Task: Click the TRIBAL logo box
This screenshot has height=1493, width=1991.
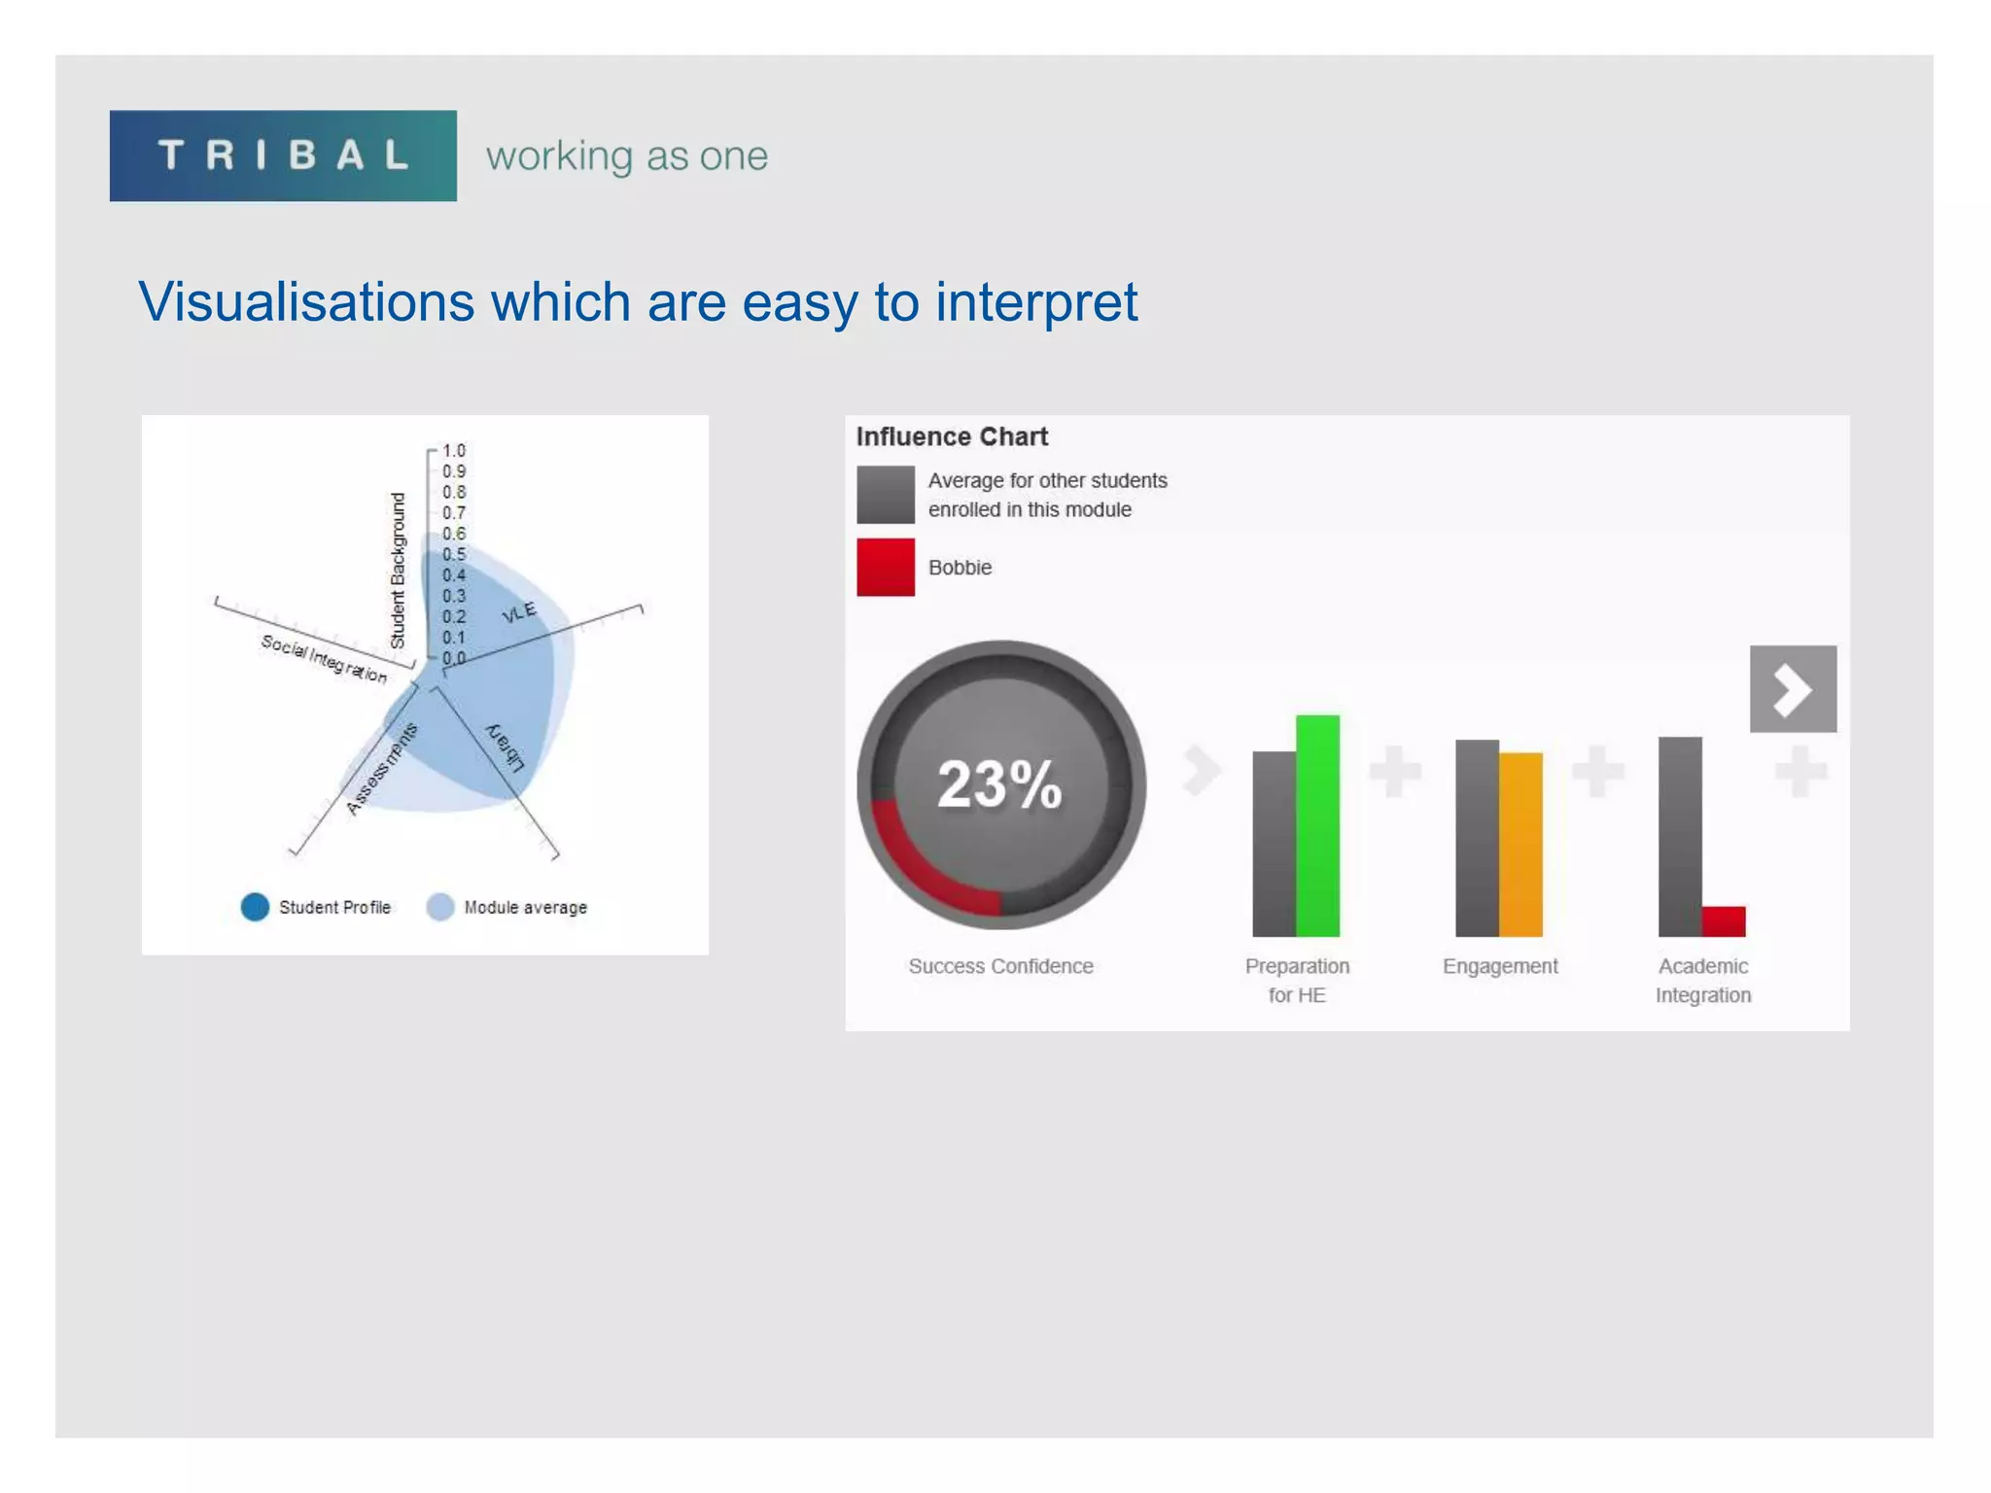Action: pos(283,156)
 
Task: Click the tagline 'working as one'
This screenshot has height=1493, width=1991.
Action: pos(627,156)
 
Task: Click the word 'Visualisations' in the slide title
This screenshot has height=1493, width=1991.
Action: pos(305,302)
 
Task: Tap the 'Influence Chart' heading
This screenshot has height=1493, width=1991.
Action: pos(952,436)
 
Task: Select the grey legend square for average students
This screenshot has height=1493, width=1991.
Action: pos(886,495)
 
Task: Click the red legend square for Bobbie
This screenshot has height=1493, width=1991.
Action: pos(886,567)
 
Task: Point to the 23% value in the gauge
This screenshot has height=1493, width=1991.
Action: pos(999,784)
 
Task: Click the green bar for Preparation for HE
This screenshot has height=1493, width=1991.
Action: pos(1317,826)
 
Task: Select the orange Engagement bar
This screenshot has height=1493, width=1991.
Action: pos(1520,844)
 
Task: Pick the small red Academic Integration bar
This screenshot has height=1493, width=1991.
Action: pos(1724,920)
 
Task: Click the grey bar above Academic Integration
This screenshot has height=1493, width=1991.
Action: pos(1680,836)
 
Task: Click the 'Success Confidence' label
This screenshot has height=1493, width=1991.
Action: pos(1000,966)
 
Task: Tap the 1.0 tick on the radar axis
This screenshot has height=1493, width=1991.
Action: pos(453,451)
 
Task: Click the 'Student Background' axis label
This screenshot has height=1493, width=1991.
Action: pos(398,571)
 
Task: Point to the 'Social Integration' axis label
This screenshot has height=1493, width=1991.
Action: pos(324,659)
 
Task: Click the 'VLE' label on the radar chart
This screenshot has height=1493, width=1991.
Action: pos(518,612)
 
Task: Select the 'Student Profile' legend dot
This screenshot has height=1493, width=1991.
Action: pos(255,907)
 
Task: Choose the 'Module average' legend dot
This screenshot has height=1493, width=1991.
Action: pos(440,907)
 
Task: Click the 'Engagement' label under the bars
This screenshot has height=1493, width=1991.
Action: pos(1500,966)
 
